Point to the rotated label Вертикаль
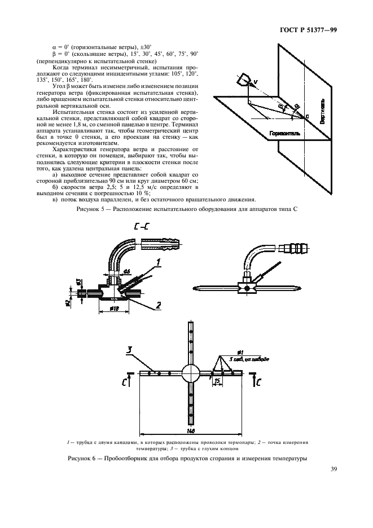[x=322, y=113]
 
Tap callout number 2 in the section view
[x=159, y=305]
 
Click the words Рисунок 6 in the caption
[x=84, y=458]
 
